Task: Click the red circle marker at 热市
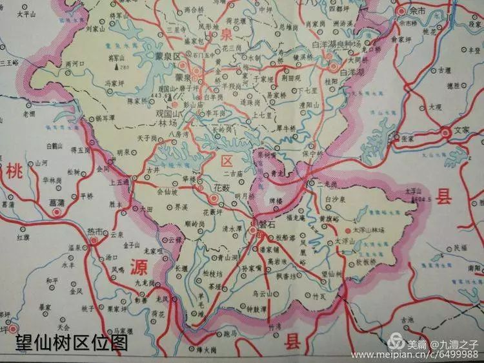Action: pos(94,240)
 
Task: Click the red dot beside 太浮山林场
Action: pos(349,230)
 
